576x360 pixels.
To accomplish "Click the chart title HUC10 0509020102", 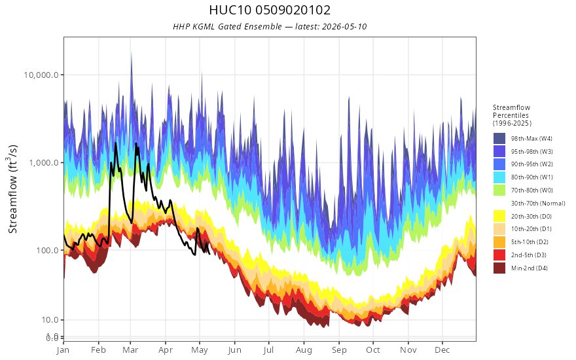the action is point(270,10).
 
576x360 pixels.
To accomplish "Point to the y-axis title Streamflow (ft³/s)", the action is point(13,189).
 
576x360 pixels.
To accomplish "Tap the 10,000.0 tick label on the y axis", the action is point(41,75).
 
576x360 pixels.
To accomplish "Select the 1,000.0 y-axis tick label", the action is point(44,162).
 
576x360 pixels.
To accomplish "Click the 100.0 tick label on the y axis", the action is point(47,250).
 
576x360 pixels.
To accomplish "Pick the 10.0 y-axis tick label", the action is point(50,320).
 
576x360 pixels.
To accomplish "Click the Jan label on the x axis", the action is point(63,350).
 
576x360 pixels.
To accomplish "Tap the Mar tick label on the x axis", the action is point(130,350).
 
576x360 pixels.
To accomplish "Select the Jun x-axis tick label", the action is point(234,350).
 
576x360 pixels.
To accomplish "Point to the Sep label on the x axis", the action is point(339,350).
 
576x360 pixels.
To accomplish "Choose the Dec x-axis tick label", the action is point(442,350).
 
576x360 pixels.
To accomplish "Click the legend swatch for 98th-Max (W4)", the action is point(499,139).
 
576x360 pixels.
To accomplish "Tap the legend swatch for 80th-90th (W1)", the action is point(499,177).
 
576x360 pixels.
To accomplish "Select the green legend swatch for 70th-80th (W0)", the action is point(499,190).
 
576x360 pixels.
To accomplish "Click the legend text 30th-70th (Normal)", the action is point(538,203).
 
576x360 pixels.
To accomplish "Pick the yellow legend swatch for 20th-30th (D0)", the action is point(499,216).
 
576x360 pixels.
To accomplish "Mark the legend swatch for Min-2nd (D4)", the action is point(499,268).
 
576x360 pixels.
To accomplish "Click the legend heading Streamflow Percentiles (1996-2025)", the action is point(512,115).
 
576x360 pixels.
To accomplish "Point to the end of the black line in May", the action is point(209,253).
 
